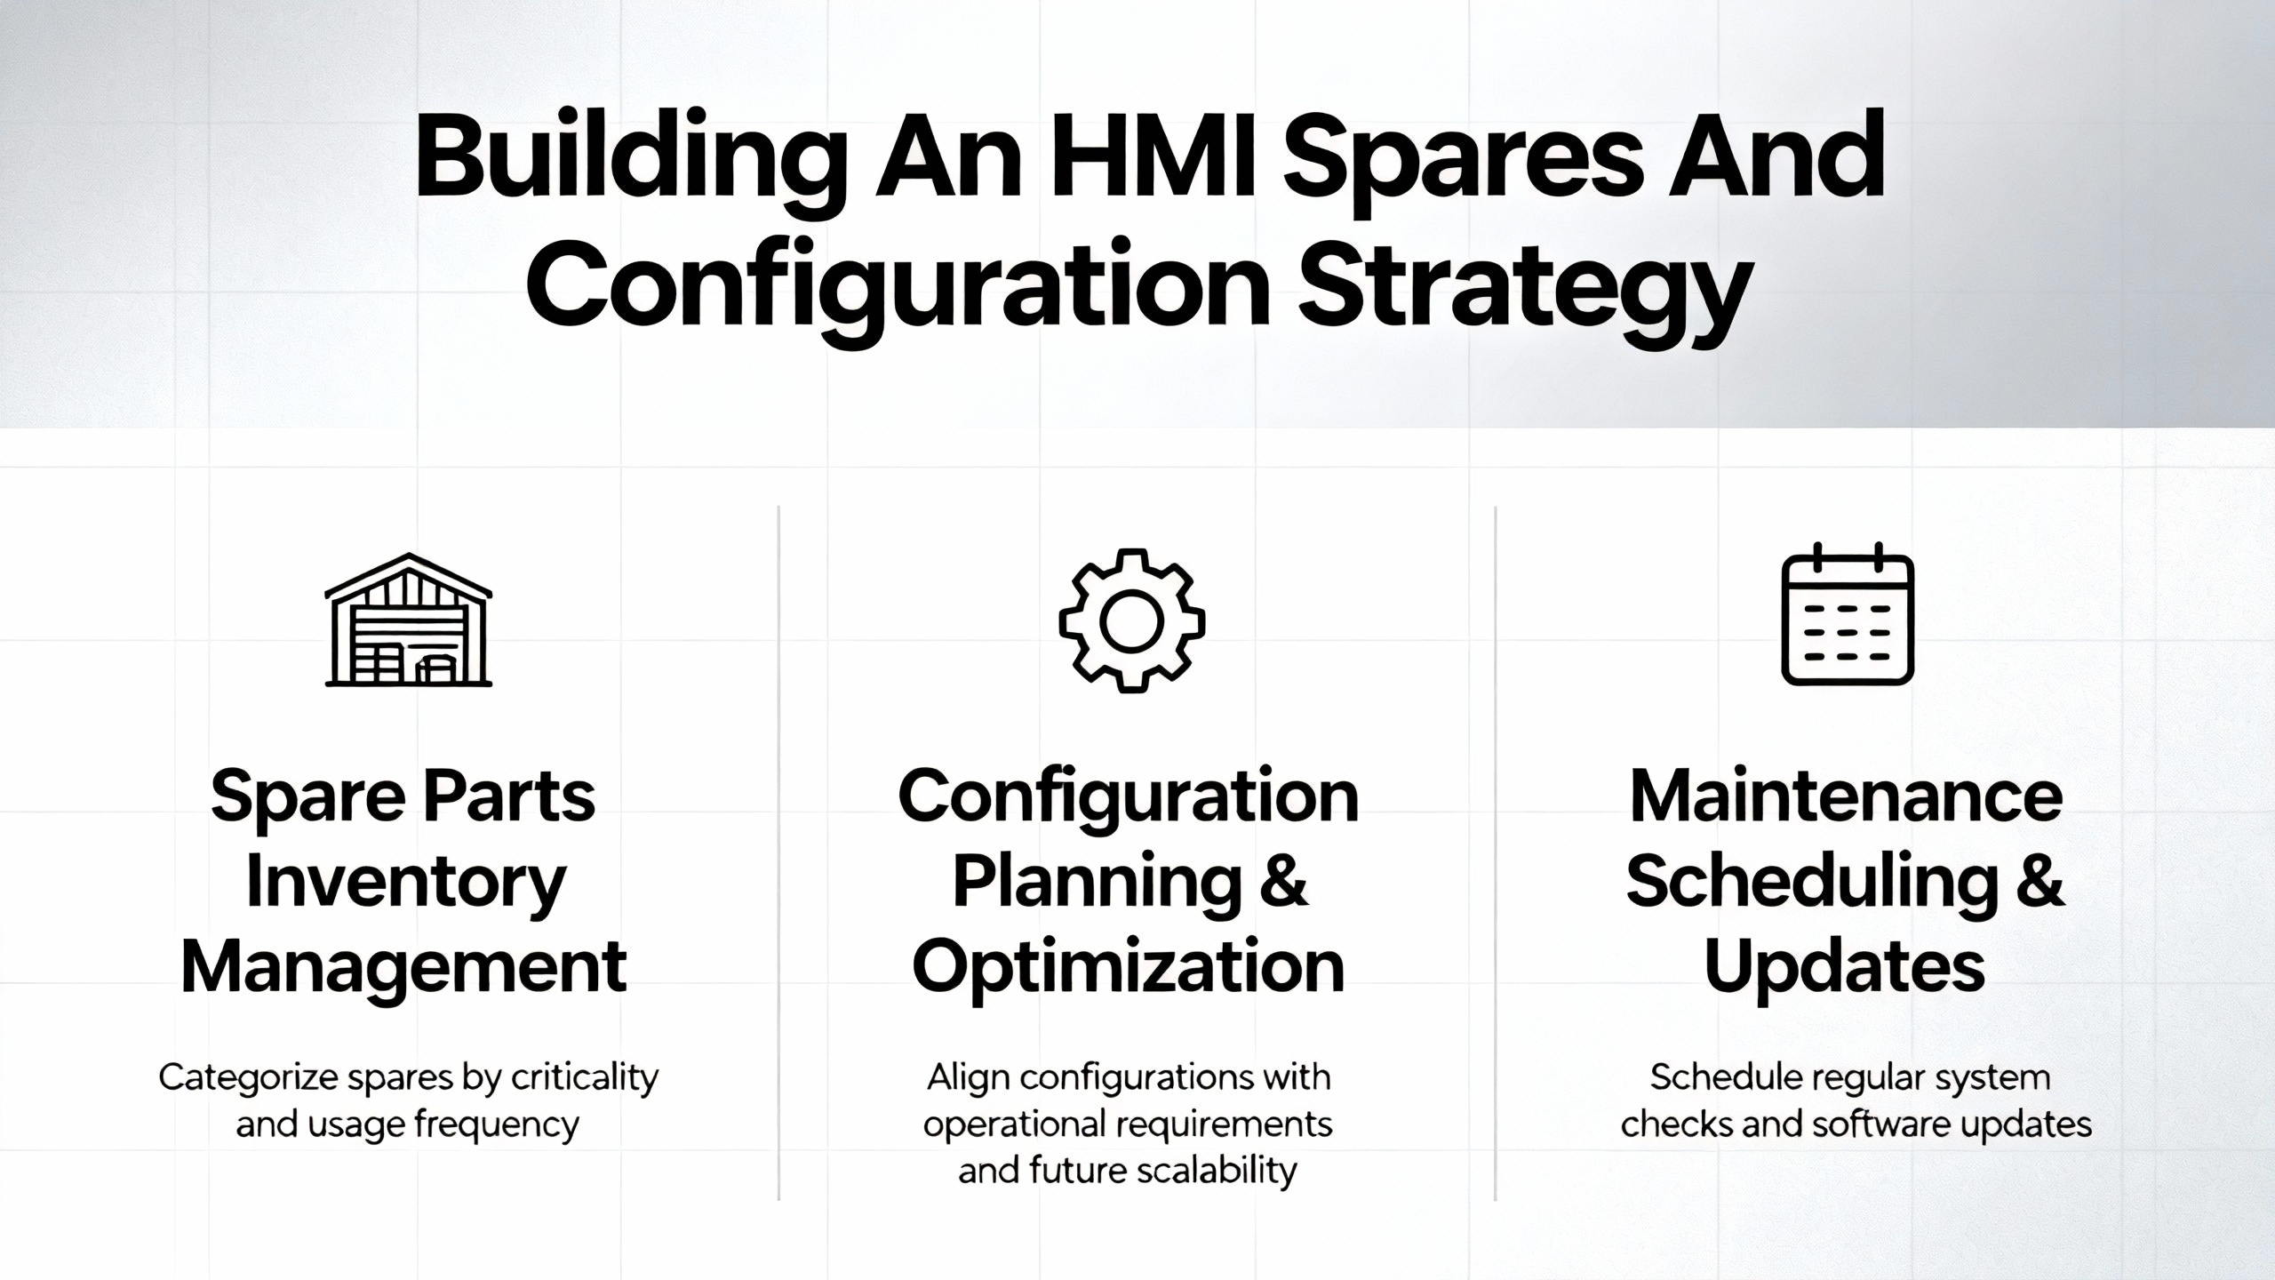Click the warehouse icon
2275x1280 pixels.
(409, 620)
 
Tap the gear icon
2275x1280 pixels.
(1131, 620)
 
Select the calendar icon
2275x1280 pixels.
(1848, 613)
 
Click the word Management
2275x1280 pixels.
(404, 969)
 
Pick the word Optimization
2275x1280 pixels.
(1129, 969)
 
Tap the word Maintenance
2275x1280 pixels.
(1846, 796)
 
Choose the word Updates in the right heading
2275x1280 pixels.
(1845, 969)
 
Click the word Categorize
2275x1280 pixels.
(248, 1078)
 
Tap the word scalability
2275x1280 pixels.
(1216, 1171)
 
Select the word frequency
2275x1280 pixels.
(497, 1125)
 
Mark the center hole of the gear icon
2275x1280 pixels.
(1131, 621)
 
